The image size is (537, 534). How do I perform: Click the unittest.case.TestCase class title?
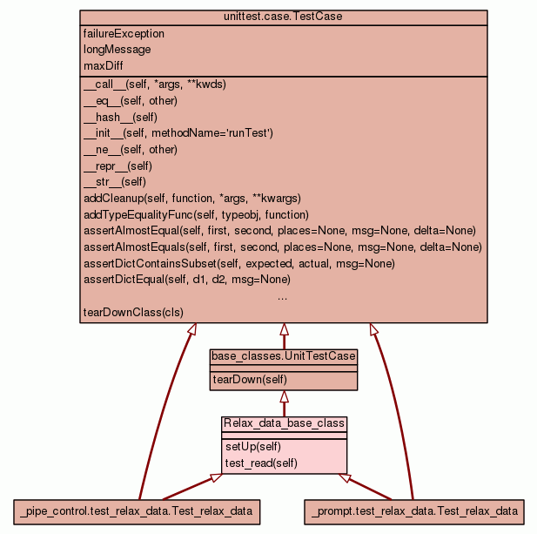point(283,17)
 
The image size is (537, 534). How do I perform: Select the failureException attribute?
point(124,34)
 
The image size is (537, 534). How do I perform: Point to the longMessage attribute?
point(117,50)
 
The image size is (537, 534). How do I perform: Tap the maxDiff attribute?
point(103,65)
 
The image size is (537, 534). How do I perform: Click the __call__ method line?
point(154,84)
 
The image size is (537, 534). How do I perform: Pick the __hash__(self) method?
point(120,117)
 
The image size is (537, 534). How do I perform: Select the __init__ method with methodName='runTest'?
point(178,133)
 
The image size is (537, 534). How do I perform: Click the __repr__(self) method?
point(117,166)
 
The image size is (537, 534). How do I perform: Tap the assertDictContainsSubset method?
point(239,263)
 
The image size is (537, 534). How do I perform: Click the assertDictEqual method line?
point(186,280)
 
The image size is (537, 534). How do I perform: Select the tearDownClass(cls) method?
point(133,312)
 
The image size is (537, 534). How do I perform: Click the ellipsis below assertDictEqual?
point(283,296)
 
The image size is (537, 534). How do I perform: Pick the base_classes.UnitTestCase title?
point(283,356)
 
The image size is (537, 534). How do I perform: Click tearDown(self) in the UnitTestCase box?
point(249,379)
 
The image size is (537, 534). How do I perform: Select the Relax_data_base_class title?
point(284,423)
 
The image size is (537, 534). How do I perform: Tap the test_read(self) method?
point(261,463)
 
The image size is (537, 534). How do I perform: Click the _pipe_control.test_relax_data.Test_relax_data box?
point(138,510)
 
